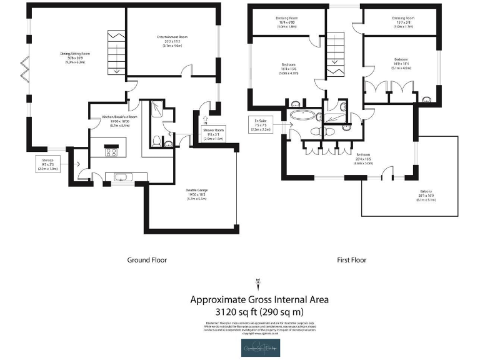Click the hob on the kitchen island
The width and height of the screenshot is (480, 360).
(x=113, y=151)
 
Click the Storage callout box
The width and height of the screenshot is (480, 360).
(x=47, y=164)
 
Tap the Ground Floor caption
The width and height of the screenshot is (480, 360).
(x=147, y=260)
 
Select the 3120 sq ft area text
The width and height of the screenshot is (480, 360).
(x=259, y=311)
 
